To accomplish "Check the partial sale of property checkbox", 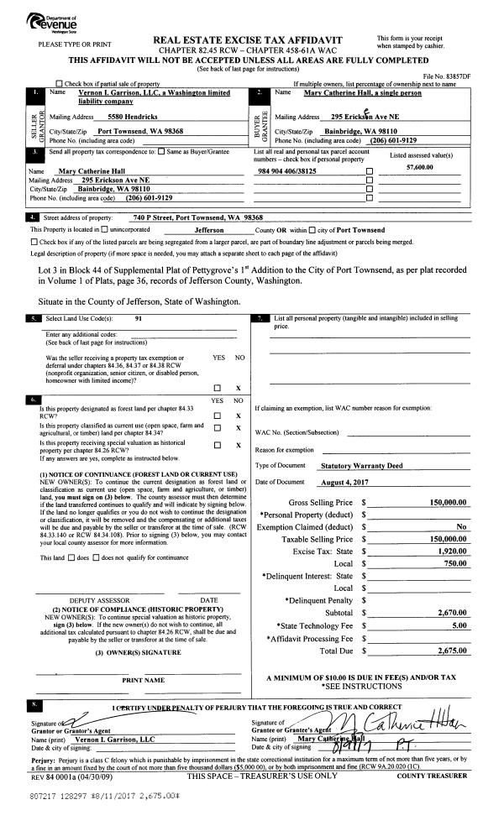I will click(58, 84).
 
